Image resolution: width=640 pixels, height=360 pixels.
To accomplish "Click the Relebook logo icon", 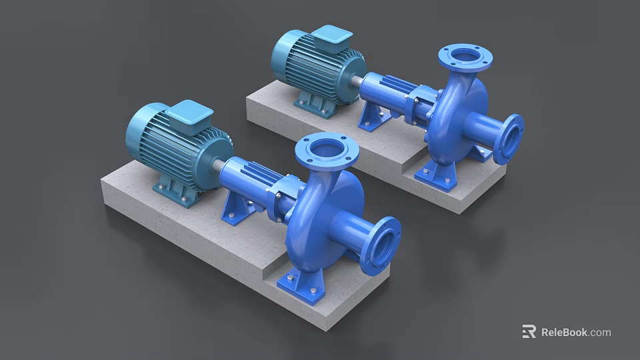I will [529, 331].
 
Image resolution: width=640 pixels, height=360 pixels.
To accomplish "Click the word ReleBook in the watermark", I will [564, 332].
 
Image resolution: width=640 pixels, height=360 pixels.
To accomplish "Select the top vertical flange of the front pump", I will [327, 151].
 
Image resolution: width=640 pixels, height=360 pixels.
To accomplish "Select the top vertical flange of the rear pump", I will [465, 58].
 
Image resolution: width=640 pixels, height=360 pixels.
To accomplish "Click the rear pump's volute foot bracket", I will [437, 175].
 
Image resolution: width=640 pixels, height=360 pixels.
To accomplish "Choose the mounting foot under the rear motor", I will [313, 107].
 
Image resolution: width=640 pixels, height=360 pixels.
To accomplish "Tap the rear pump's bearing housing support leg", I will [373, 117].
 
